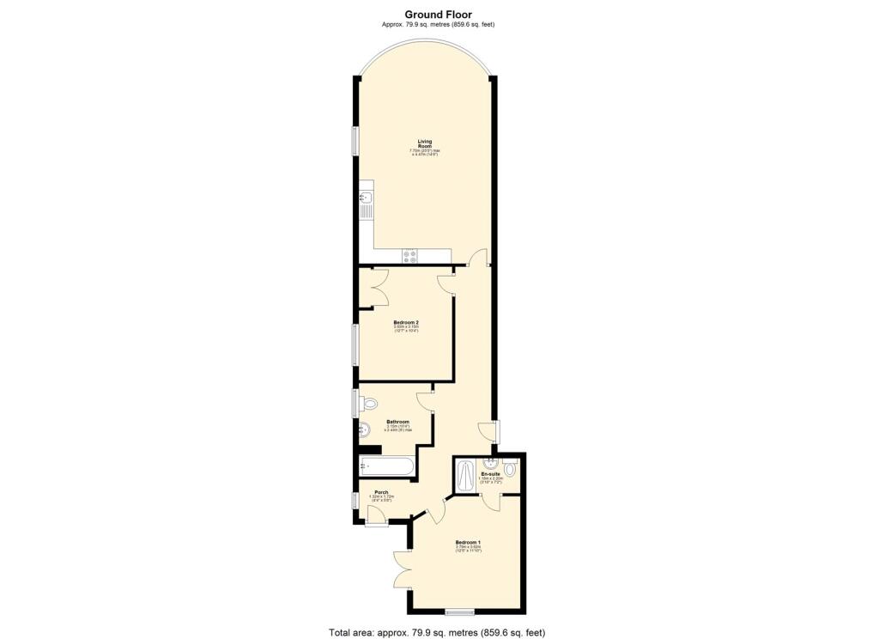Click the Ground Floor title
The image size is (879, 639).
[x=439, y=14]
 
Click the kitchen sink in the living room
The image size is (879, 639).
[x=365, y=205]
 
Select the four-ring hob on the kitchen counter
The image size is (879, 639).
[x=410, y=254]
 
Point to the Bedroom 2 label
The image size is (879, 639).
[x=406, y=323]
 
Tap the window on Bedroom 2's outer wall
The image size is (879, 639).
[x=355, y=344]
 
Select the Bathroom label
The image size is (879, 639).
[x=397, y=422]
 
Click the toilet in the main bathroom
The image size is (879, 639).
[x=369, y=403]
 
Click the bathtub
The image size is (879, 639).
[x=387, y=467]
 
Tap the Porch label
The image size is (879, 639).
[x=380, y=492]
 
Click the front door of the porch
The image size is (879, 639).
[x=376, y=514]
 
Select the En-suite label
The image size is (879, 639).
[x=490, y=474]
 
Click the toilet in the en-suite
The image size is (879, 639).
[x=511, y=469]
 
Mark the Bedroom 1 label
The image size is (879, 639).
[x=468, y=543]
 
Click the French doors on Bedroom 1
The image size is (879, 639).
[x=403, y=569]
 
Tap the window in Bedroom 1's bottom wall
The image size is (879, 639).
[x=459, y=612]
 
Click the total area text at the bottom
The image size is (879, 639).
[x=438, y=633]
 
